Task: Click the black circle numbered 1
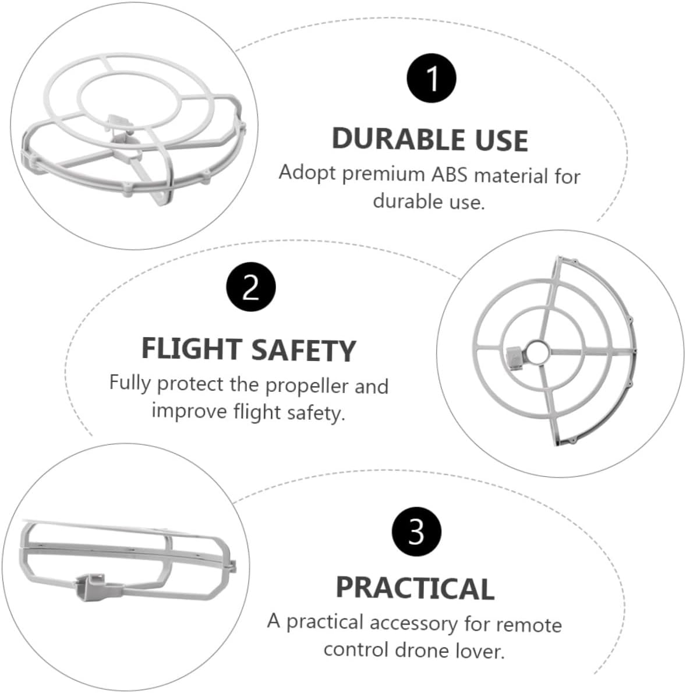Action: click(x=432, y=78)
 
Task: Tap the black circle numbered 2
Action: click(x=250, y=287)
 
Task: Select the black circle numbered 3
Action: click(x=416, y=532)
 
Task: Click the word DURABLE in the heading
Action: click(x=398, y=140)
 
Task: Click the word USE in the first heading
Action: click(x=501, y=140)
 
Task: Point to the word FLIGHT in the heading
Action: click(x=192, y=349)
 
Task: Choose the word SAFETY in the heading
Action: click(x=304, y=350)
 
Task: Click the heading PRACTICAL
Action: click(x=415, y=588)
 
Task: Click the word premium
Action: click(x=384, y=174)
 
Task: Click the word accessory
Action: click(x=413, y=624)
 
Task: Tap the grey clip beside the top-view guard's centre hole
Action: click(x=515, y=357)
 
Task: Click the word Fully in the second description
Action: click(x=130, y=383)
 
